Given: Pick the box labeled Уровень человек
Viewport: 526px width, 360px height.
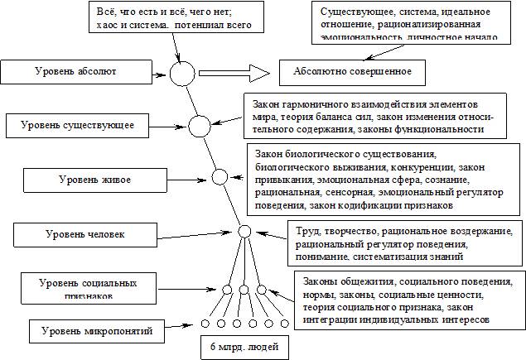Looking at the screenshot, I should (81, 235).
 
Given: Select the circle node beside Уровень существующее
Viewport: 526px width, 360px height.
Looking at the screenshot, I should (200, 127).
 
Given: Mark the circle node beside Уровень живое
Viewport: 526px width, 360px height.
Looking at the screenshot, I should (220, 176).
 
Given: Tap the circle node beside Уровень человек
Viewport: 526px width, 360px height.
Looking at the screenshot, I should (244, 233).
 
